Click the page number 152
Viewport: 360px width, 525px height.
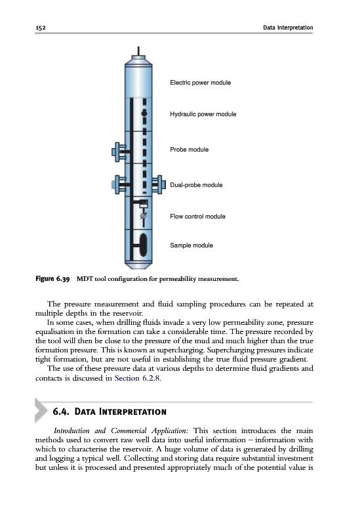41,28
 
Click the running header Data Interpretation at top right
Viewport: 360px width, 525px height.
288,28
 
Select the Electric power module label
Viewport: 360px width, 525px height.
200,83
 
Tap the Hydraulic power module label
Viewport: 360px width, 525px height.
203,114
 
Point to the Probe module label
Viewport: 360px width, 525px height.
189,150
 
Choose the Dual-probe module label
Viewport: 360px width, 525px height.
196,185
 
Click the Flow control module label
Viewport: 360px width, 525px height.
197,217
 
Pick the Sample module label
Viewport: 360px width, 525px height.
191,245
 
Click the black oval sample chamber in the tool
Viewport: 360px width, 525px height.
143,245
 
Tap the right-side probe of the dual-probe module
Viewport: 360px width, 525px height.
159,185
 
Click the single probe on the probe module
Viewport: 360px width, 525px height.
119,152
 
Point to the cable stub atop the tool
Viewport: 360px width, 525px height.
138,51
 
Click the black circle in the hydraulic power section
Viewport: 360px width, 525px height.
144,114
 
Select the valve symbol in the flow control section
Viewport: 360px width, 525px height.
143,216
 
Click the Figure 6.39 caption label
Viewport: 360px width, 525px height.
52,279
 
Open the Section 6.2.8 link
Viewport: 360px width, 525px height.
137,379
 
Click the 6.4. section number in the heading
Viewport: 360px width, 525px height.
61,411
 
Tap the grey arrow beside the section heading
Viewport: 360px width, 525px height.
41,411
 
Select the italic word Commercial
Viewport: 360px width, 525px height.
129,431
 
